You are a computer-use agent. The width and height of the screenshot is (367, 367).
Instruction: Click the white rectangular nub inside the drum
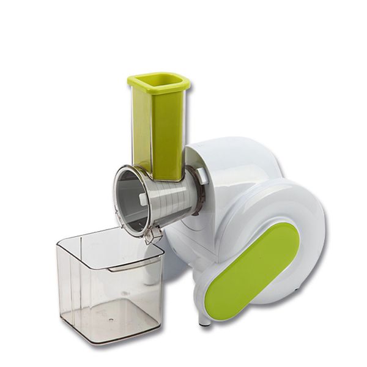(x=142, y=199)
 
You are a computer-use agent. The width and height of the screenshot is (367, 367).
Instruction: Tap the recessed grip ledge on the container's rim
(x=132, y=265)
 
